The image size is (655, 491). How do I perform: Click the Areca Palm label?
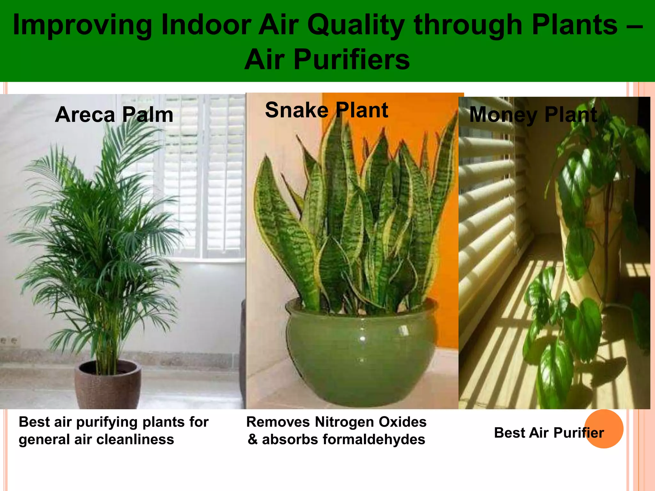[x=114, y=115]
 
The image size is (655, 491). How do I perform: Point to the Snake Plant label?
[x=327, y=110]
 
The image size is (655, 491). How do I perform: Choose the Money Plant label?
[x=533, y=115]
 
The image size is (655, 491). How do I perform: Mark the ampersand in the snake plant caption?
[x=253, y=440]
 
